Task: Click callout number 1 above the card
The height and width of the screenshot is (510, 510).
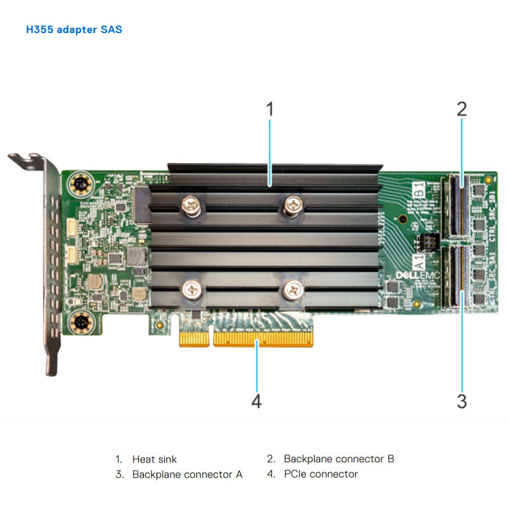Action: pyautogui.click(x=270, y=109)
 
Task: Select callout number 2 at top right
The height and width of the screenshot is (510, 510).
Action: pyautogui.click(x=462, y=108)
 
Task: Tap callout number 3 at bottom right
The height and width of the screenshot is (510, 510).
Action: pyautogui.click(x=462, y=401)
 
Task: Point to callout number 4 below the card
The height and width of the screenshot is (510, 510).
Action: pyautogui.click(x=256, y=401)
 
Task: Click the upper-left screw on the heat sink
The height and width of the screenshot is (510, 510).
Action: pyautogui.click(x=191, y=205)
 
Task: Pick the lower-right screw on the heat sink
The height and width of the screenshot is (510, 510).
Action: pyautogui.click(x=293, y=289)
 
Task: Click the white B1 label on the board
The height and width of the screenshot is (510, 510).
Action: pyautogui.click(x=419, y=189)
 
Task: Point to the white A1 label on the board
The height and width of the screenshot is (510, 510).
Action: pyautogui.click(x=419, y=261)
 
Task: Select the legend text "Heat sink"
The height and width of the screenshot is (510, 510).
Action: pyautogui.click(x=154, y=459)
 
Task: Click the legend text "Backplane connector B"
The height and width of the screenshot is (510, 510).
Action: pyautogui.click(x=339, y=459)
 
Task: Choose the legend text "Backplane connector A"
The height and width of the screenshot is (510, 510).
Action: pyautogui.click(x=187, y=474)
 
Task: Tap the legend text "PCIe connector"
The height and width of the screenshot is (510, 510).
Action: pyautogui.click(x=321, y=474)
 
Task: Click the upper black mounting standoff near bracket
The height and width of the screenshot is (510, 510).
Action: pyautogui.click(x=81, y=185)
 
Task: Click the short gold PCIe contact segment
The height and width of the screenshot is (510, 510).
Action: pyautogui.click(x=194, y=338)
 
